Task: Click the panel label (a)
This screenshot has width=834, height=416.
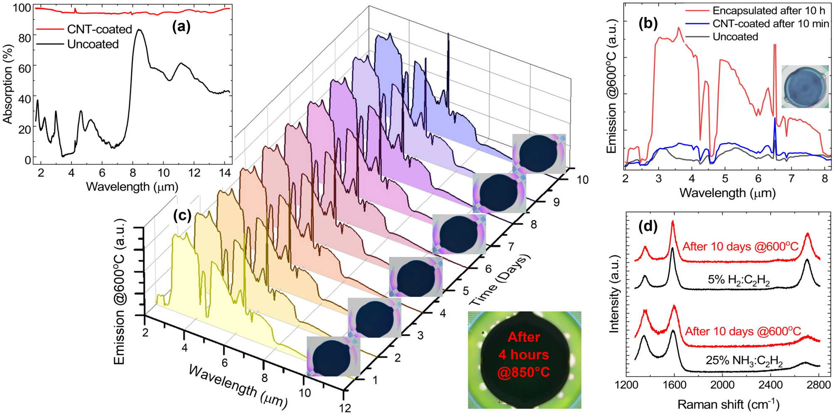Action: pyautogui.click(x=181, y=27)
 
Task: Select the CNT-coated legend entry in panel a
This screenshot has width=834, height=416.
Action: pyautogui.click(x=99, y=29)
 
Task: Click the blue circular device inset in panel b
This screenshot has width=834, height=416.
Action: pyautogui.click(x=805, y=87)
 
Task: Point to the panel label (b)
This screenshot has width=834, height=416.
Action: pyautogui.click(x=648, y=24)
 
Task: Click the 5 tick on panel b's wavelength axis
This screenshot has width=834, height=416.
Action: pyautogui.click(x=725, y=179)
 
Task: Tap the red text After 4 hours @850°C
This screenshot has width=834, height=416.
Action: pyautogui.click(x=524, y=355)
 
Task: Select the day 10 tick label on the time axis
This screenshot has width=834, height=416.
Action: pyautogui.click(x=582, y=180)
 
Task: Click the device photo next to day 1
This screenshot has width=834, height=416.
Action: pyautogui.click(x=333, y=356)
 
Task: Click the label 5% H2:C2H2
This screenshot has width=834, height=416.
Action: pyautogui.click(x=738, y=281)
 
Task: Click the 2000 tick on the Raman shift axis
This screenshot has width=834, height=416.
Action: pyautogui.click(x=722, y=385)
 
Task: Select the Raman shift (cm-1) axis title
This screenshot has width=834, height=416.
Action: pyautogui.click(x=728, y=404)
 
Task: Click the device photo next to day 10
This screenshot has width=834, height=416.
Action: pyautogui.click(x=539, y=154)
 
